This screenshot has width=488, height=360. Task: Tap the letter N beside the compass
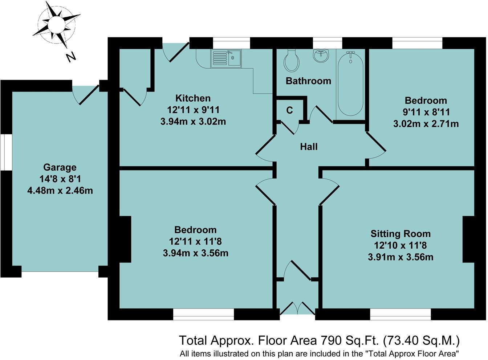point(70,57)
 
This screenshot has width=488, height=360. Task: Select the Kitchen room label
point(193,98)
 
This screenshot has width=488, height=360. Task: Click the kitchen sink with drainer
point(225,58)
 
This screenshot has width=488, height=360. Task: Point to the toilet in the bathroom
point(292,60)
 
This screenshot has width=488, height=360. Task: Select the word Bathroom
point(308,81)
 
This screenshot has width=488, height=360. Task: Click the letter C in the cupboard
point(289,110)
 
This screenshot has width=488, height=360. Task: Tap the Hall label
point(309,147)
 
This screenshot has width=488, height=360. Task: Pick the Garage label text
point(60,167)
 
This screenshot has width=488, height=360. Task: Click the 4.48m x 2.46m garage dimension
point(60,190)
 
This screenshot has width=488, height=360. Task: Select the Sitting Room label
point(400,234)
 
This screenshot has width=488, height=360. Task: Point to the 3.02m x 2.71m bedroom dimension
point(426,124)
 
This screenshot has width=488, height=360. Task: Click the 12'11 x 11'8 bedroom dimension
point(195,241)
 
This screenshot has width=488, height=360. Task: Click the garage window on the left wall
point(6,152)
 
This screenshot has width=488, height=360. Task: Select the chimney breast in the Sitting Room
point(468,239)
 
